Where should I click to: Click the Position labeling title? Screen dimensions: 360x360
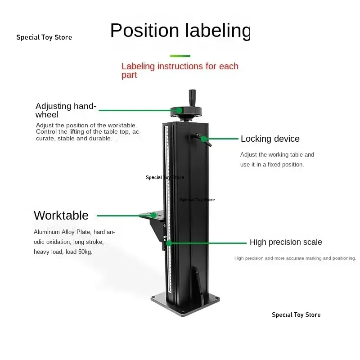180,31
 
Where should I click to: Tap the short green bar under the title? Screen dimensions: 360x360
180,56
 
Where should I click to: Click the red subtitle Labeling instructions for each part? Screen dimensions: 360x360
180,71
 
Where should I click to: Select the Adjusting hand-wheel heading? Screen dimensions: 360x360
66,110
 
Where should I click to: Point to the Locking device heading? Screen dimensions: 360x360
270,139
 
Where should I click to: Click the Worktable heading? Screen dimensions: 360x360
61,216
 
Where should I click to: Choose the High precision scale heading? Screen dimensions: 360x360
286,242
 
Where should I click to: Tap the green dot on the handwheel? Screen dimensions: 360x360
179,110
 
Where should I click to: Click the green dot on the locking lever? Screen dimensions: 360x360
203,139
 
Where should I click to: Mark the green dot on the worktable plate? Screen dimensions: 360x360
153,216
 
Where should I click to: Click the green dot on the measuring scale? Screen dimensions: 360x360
169,243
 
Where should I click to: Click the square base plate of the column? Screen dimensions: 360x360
185,304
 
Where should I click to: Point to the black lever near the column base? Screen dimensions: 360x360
198,285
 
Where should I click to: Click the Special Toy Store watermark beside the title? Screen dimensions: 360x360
44,37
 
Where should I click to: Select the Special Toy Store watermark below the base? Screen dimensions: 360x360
296,315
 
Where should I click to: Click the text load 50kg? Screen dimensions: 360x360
79,252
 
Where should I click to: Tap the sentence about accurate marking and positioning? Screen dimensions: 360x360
295,258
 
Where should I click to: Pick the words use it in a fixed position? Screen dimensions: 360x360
272,165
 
